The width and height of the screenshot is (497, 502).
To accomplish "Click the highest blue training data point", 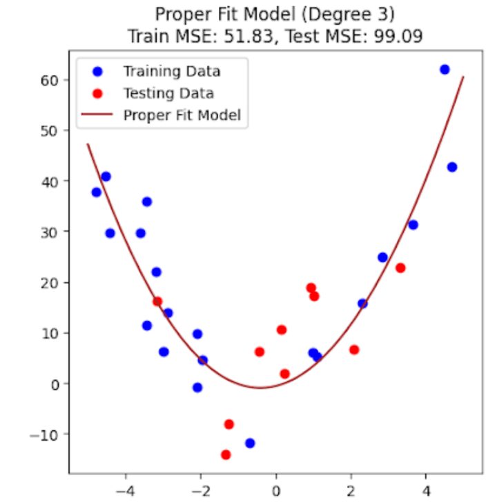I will tap(445, 70).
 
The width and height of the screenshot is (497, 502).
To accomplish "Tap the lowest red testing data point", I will tap(226, 454).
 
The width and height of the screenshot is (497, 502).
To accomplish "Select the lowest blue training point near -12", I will tap(250, 443).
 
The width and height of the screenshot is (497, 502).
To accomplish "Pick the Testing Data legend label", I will tap(168, 93).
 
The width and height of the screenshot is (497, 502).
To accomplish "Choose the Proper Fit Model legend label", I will tap(182, 115).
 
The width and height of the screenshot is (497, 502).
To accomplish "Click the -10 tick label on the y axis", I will tap(47, 434).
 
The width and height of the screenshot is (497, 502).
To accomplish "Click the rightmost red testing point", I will tap(400, 268).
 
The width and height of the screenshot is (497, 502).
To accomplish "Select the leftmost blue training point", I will tap(97, 192).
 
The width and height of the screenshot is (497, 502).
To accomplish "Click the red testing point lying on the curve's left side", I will tap(157, 301).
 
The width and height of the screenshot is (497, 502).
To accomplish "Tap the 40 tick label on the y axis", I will tap(54, 181).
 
